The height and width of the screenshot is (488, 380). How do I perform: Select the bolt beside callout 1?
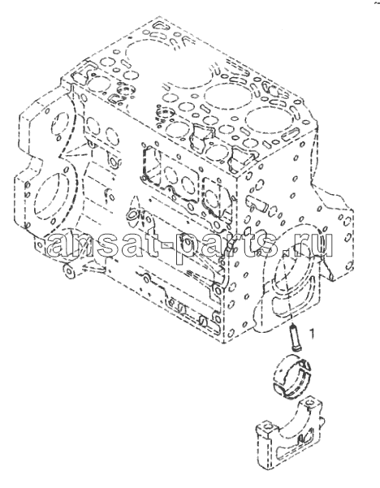(296, 338)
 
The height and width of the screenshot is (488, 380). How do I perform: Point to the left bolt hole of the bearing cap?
(266, 425)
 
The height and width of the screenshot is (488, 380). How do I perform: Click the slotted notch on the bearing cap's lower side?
(300, 440)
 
